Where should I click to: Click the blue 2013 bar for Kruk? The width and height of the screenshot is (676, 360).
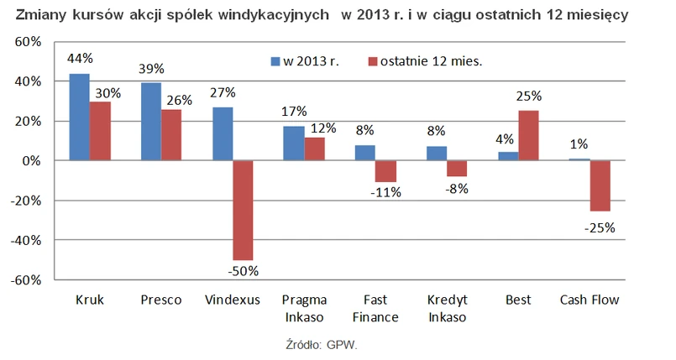tap(79, 117)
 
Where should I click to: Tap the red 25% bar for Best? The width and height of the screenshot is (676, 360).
tap(529, 135)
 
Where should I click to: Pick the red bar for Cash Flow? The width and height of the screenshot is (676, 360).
tap(599, 185)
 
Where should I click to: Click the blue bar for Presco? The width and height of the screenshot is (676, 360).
tap(151, 122)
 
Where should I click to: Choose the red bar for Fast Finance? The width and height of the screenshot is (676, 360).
tap(385, 171)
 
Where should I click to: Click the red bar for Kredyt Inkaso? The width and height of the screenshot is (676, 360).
tap(457, 168)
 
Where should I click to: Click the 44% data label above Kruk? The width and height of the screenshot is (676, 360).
tap(80, 59)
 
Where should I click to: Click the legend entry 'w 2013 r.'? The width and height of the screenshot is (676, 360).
tap(306, 60)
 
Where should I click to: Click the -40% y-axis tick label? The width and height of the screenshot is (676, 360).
tap(27, 240)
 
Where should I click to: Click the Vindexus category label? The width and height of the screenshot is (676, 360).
tap(233, 300)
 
